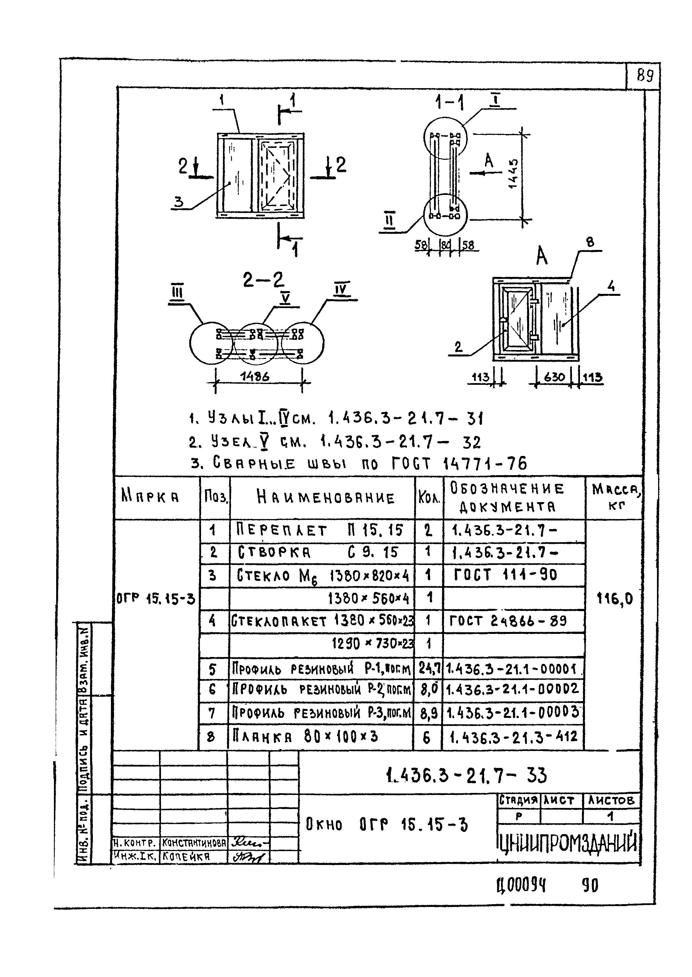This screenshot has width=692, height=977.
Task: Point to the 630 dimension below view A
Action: point(554,377)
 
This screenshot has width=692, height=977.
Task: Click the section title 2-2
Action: point(263,280)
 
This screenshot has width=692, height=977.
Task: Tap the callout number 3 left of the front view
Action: point(179,202)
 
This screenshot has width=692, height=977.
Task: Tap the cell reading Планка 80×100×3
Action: point(305,737)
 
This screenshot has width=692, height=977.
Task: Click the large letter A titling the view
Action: point(542,257)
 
